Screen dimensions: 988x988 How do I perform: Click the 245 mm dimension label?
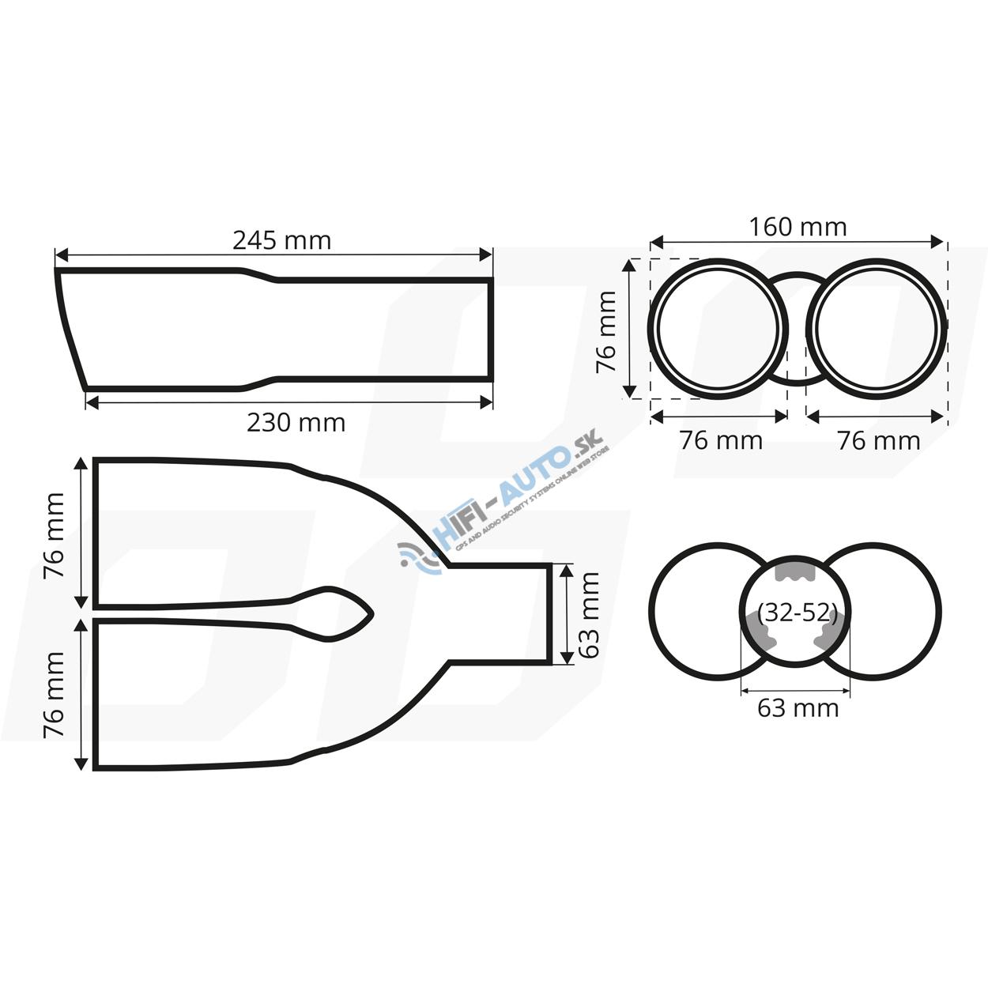[281, 240]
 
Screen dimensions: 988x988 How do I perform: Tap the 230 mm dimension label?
[296, 423]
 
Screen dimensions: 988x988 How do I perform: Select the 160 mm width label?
[798, 227]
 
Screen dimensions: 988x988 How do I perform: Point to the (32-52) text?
[797, 613]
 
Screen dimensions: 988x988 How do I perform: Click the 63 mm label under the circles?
[798, 708]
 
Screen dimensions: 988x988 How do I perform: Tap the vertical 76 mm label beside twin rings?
[605, 331]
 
